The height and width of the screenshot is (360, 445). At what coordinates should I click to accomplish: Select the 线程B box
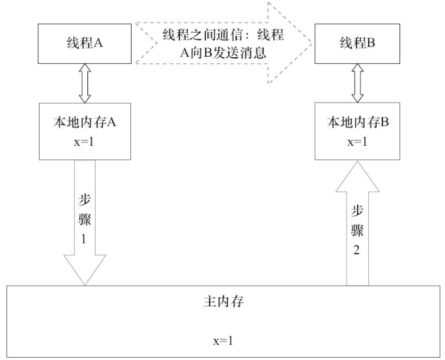point(355,43)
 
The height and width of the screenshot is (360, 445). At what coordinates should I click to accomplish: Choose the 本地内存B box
point(356,130)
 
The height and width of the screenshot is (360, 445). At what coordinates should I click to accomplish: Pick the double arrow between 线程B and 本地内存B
point(356,83)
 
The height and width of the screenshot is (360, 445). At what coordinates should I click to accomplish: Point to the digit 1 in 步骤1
point(84,240)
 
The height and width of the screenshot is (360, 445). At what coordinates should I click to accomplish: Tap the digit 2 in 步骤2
point(356,250)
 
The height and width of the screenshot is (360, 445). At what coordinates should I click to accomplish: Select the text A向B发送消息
point(223,52)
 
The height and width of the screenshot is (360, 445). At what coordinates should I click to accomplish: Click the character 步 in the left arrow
point(84,199)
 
